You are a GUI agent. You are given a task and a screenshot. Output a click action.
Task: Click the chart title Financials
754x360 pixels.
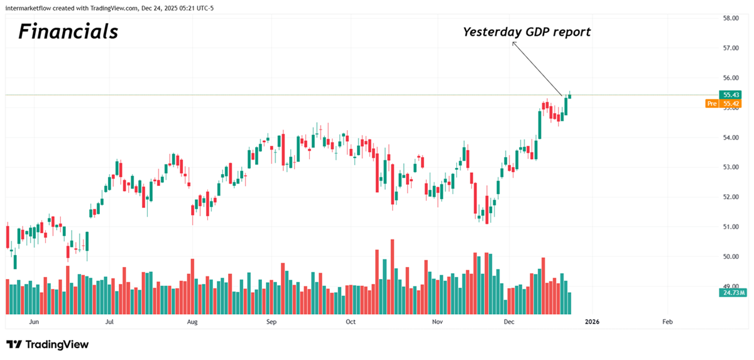point(68,31)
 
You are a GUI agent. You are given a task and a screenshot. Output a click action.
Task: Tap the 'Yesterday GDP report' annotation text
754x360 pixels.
point(527,32)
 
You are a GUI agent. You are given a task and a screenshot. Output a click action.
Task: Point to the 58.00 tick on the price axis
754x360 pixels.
point(730,18)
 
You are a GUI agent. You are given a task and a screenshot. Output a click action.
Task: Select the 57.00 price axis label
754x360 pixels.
point(730,48)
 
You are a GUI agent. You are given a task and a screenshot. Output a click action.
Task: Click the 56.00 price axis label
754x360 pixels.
point(730,78)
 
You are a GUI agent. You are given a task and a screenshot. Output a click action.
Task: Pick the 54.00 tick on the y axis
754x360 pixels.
point(730,138)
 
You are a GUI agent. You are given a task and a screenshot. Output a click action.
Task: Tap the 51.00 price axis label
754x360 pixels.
point(730,227)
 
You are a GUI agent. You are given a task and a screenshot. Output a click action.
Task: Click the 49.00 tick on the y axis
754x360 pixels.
point(730,286)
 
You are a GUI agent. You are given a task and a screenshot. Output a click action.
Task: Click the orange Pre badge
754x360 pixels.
point(712,104)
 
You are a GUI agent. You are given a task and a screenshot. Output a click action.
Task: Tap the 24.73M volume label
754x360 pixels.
point(733,293)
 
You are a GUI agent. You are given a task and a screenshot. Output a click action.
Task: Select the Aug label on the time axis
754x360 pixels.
point(192,322)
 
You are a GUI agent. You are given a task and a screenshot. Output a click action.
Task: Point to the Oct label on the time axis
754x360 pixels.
point(351,322)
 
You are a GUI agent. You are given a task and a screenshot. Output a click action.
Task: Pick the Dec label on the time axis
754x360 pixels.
point(509,322)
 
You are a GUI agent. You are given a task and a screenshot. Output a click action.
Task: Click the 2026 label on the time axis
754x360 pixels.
point(592,322)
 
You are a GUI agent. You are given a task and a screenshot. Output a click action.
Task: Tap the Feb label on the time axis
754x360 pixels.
point(667,322)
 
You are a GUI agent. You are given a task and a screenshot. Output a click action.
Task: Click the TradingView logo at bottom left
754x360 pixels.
point(48,344)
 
